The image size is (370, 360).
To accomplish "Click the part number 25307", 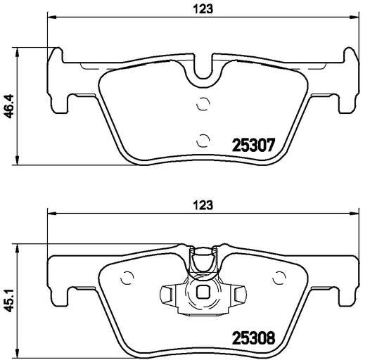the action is tap(254, 145).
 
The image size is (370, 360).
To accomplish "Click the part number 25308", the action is tap(254, 337).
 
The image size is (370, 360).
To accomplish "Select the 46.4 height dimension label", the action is tap(10, 106).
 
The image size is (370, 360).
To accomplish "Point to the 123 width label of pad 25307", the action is tap(203, 9).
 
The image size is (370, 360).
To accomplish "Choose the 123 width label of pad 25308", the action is tap(203, 205).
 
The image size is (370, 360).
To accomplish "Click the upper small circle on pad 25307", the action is tap(203, 103).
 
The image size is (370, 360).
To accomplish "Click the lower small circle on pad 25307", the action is tap(203, 141).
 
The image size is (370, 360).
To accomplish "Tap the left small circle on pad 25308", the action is tap(127, 278).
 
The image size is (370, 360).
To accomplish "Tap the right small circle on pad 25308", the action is tap(279, 278).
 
